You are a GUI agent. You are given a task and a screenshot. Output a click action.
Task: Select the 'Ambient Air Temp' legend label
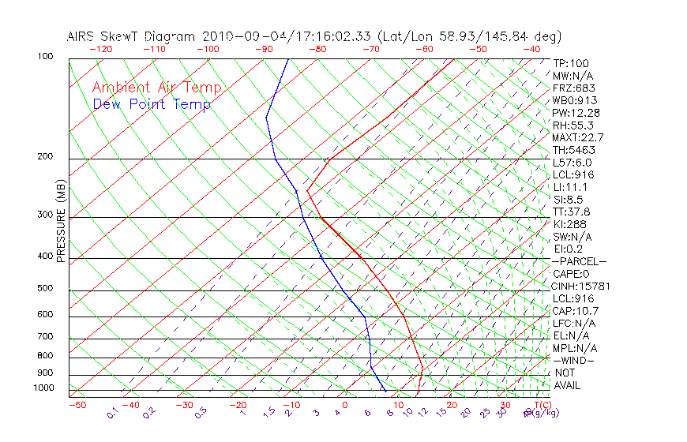pos(157,88)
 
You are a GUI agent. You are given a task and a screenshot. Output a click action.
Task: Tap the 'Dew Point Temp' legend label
pos(152,104)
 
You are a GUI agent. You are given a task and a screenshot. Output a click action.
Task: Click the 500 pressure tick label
pos(45,288)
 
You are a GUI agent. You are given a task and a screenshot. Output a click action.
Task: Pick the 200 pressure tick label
pos(45,156)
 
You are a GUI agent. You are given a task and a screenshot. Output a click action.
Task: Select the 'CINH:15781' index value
pos(581,286)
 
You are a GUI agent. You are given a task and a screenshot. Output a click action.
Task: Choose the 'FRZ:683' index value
pos(574,88)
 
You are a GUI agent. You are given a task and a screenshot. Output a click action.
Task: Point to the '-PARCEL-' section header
pos(579,261)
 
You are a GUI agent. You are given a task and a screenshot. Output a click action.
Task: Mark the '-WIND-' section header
pos(573,360)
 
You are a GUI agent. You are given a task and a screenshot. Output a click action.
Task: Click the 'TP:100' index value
pos(571,63)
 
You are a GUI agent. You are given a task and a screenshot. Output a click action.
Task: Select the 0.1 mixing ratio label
pos(113,413)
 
